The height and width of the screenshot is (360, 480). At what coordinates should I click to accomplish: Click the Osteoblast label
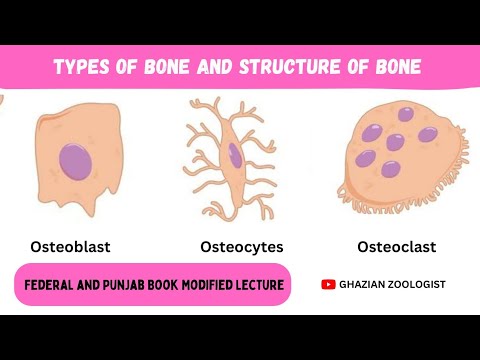[x=69, y=245]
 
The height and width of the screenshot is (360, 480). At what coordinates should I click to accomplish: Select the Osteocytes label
[x=241, y=246]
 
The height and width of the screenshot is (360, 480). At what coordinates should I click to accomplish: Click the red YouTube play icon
[x=328, y=284]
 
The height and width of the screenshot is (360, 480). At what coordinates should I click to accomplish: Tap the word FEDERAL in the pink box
[x=52, y=285]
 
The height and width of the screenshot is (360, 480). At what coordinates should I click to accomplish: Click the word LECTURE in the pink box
[x=256, y=285]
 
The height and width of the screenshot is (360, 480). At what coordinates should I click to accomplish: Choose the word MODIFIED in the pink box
[x=203, y=285]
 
